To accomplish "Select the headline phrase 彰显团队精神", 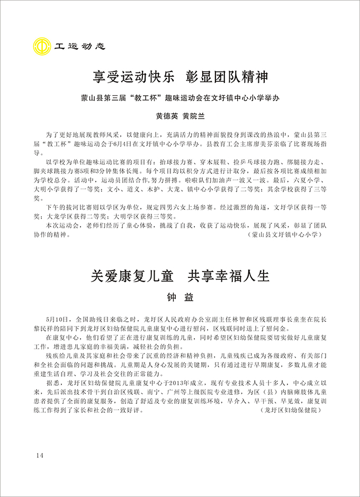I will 227,78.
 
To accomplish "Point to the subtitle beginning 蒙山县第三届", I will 180,99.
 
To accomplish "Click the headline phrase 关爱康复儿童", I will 130,276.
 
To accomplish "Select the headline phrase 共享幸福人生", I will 230,276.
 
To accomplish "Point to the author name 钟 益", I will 180,297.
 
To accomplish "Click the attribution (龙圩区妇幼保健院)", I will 292,411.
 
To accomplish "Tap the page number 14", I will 41,456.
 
